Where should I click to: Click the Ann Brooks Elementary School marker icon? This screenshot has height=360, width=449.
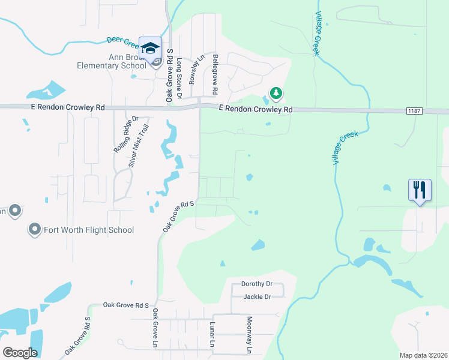(x=150, y=48)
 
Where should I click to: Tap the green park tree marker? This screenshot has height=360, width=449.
(x=276, y=93)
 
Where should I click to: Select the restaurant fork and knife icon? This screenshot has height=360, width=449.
(x=420, y=190)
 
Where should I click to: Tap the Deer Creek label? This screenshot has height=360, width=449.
(x=123, y=41)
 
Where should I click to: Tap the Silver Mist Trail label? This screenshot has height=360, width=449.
(x=137, y=146)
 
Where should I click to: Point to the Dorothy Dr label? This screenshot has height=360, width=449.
(x=256, y=284)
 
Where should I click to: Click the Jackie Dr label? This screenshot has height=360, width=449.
(x=258, y=296)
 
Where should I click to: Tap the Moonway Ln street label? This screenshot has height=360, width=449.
(x=249, y=334)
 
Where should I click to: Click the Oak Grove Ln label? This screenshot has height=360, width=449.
(x=154, y=328)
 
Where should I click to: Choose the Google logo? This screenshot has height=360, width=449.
(x=20, y=353)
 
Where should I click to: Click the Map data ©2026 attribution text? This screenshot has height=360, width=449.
(x=423, y=355)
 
